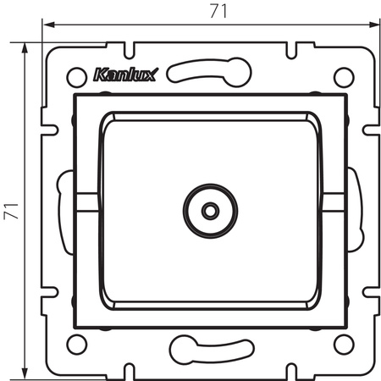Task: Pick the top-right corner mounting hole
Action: click(343, 76)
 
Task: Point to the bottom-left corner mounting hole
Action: click(76, 343)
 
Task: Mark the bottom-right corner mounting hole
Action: click(343, 343)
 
